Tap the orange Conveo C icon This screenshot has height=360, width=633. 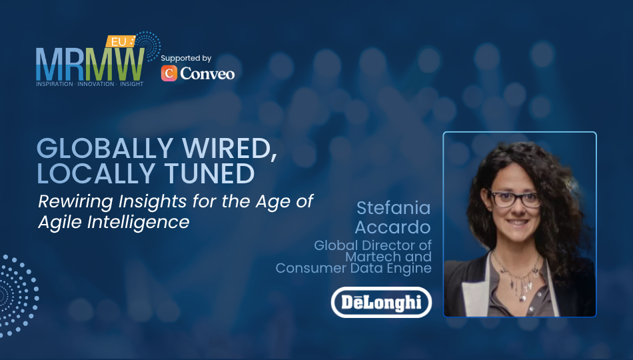pos(169,73)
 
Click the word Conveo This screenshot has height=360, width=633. pos(207,73)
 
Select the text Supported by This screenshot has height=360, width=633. pos(186,59)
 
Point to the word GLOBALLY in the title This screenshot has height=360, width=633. pos(105,148)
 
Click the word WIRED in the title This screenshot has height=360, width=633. pos(229,149)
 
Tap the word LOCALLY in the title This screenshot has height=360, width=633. pos(96,174)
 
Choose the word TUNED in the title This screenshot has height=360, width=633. pos(209,174)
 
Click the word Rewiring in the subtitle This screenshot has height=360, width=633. pos(75,201)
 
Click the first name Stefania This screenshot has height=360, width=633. pos(394,208)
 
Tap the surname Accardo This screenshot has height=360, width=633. pos(393,227)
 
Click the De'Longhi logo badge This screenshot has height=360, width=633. pos(382,302)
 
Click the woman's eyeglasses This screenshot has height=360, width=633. pos(514,199)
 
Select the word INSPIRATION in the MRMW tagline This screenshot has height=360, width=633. pos(55,84)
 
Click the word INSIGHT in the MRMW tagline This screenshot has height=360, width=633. pos(132,84)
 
